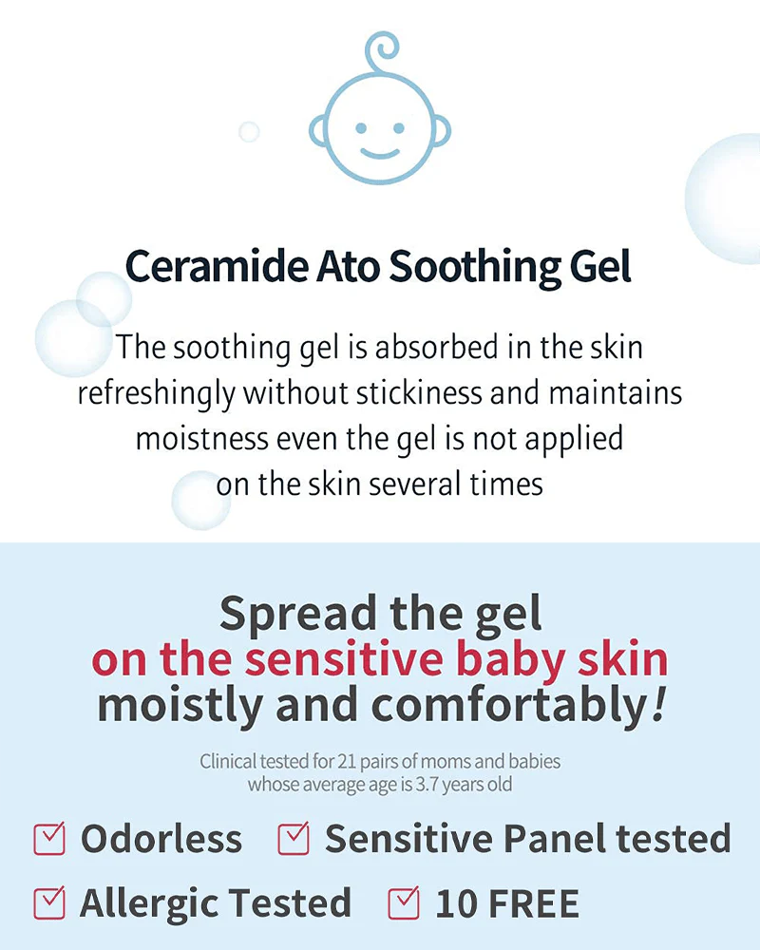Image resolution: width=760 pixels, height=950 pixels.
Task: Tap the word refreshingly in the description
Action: [x=158, y=393]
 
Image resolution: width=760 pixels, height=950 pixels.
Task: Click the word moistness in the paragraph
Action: [x=199, y=439]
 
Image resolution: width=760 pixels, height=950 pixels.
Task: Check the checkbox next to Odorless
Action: [x=48, y=838]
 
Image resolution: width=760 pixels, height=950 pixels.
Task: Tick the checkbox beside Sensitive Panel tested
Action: [x=294, y=838]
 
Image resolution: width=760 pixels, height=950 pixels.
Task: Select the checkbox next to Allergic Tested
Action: [x=48, y=902]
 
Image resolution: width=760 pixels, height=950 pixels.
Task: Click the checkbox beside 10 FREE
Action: [x=404, y=902]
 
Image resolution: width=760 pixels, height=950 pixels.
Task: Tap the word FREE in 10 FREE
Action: [x=531, y=903]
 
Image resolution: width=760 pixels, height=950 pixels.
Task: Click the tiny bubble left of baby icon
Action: [x=249, y=131]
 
